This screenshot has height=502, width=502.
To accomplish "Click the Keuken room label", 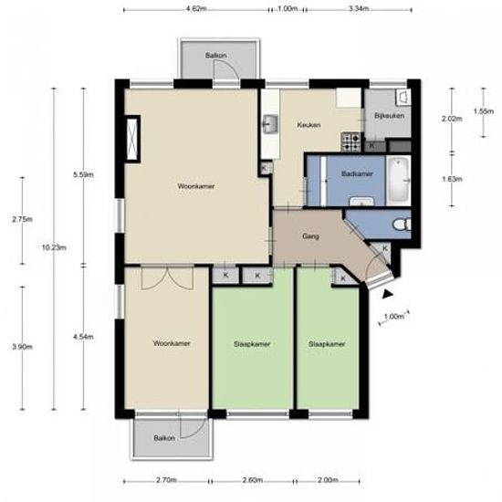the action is (x=309, y=125).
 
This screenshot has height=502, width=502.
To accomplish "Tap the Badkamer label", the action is (x=357, y=173).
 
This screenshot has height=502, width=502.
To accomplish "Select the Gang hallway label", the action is (x=310, y=236).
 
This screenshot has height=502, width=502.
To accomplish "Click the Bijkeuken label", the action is (x=389, y=116).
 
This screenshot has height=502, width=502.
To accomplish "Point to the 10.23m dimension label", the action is (x=54, y=247).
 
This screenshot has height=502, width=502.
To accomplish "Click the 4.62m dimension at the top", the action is (x=196, y=8).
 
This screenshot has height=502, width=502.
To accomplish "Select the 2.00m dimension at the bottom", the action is (x=328, y=480).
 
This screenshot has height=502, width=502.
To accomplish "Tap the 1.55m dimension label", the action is (x=484, y=111).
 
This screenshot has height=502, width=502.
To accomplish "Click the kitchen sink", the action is (x=270, y=123).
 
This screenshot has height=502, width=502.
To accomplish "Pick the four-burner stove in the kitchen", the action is (x=350, y=141).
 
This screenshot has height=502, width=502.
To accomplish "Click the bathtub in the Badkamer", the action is (x=398, y=181).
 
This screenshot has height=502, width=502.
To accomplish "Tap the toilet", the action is (x=402, y=225).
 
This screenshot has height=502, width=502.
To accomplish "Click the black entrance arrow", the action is (x=387, y=294).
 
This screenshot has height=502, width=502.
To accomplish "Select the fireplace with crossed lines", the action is (x=132, y=139).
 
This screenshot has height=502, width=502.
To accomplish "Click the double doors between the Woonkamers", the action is (x=167, y=277).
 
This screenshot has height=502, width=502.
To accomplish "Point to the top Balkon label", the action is (x=216, y=56).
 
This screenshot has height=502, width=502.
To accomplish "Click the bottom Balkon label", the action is (x=164, y=438).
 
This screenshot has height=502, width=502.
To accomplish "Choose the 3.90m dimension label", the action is (x=23, y=347).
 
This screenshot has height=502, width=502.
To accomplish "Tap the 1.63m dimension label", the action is (x=452, y=179).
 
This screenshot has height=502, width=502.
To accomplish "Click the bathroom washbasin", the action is (x=361, y=202).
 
